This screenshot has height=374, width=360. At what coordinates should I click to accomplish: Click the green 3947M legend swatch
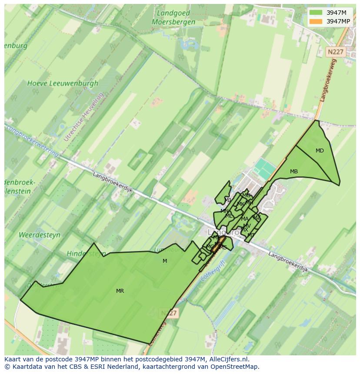point(316,13)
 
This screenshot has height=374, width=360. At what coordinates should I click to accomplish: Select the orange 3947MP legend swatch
point(316,21)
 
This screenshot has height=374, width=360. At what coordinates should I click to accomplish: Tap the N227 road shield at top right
point(335,52)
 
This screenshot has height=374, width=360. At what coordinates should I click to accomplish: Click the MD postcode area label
point(320,151)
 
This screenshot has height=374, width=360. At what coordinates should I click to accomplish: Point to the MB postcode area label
point(294,172)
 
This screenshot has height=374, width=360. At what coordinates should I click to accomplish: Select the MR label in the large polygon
point(120,291)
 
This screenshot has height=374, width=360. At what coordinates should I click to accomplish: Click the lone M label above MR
point(165,261)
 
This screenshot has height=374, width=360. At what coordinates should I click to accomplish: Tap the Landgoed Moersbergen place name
point(173,17)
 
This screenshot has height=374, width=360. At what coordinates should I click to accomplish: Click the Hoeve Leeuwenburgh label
point(63,83)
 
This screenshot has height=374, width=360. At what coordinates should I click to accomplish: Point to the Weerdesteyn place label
point(40,235)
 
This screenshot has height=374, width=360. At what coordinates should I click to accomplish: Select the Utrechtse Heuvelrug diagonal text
point(84,116)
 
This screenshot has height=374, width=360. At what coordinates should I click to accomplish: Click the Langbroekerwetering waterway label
point(33,140)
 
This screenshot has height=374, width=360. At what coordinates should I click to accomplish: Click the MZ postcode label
point(257,218)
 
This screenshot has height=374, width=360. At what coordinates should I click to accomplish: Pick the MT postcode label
point(251,235)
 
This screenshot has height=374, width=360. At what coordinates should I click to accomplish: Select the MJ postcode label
point(228,200)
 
